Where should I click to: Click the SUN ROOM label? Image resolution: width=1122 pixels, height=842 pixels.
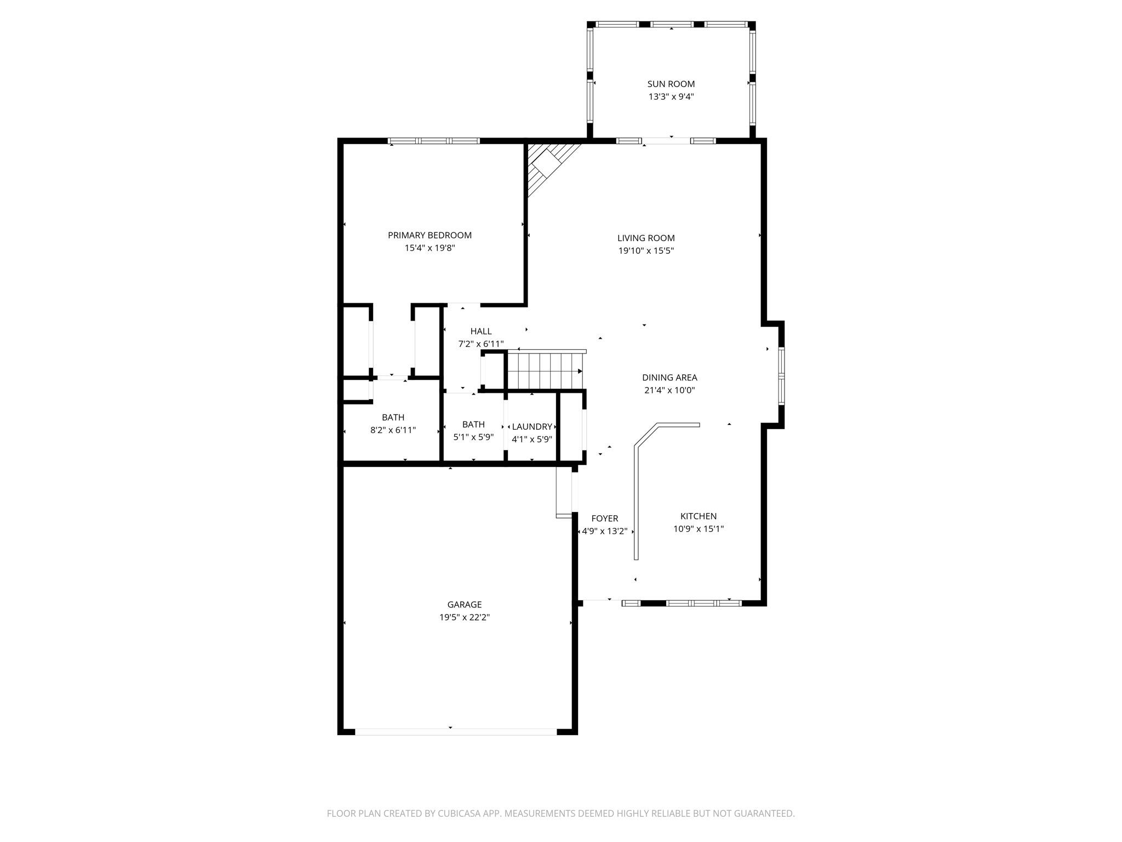[671, 84]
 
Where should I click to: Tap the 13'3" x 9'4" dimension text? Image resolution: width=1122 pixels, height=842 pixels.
[671, 97]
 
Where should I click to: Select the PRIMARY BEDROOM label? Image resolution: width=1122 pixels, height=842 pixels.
[430, 235]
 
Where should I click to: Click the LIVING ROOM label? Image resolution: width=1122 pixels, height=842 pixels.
[646, 238]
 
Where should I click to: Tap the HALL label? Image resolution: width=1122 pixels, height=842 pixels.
[481, 331]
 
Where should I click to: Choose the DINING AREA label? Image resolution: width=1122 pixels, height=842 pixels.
[669, 378]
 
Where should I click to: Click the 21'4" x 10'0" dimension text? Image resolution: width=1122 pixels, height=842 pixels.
[669, 391]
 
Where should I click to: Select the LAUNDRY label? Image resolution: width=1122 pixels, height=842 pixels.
[531, 426]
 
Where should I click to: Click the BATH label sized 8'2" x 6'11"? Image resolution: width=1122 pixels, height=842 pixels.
[393, 418]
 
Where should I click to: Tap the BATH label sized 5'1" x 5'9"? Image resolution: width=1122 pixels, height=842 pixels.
[473, 424]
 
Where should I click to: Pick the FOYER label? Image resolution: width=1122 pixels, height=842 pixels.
[605, 519]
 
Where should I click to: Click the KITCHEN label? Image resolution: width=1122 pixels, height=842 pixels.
[699, 516]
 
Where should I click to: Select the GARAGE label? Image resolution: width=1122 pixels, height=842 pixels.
[465, 605]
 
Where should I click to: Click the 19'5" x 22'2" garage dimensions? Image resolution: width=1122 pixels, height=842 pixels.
[465, 618]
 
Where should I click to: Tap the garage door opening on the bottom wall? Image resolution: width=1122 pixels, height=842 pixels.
[456, 731]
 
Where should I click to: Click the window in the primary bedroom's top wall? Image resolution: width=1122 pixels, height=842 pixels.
[434, 141]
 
